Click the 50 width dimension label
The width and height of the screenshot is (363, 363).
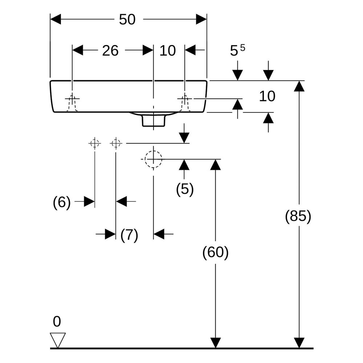click(x=127, y=20)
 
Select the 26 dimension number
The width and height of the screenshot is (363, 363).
click(x=110, y=51)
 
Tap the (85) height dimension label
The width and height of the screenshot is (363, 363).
click(x=298, y=216)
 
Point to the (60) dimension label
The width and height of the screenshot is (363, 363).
click(x=215, y=252)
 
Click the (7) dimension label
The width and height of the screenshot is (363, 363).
click(x=129, y=235)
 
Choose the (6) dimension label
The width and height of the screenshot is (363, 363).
click(x=62, y=202)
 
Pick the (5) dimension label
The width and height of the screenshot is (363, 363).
click(x=184, y=189)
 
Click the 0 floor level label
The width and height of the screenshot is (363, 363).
click(x=57, y=322)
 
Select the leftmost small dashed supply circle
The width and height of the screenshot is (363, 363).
click(x=95, y=143)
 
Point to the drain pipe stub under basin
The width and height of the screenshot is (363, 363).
click(x=154, y=121)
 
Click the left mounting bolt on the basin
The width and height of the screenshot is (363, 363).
click(x=72, y=103)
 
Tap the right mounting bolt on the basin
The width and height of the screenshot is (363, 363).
click(x=185, y=103)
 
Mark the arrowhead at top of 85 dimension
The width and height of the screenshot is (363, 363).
click(x=299, y=86)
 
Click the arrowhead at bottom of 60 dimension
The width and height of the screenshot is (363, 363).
click(x=216, y=343)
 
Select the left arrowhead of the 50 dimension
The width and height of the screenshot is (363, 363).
click(x=56, y=19)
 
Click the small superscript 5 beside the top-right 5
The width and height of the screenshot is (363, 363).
click(x=242, y=48)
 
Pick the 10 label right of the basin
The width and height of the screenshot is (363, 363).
click(x=267, y=96)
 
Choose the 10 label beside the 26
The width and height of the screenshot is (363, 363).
click(x=168, y=51)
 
